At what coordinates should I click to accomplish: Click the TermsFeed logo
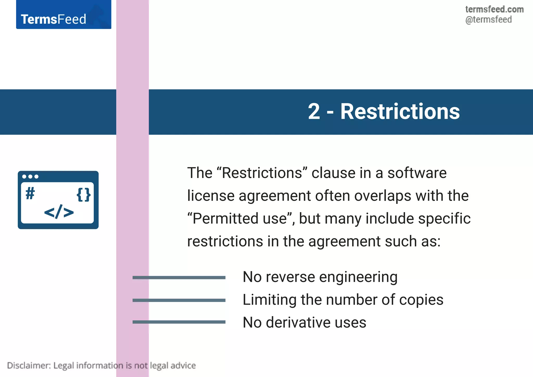[x=54, y=19]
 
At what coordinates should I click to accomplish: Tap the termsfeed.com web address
[x=494, y=9]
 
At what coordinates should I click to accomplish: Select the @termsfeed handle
[x=488, y=20]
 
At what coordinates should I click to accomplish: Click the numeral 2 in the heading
[x=314, y=112]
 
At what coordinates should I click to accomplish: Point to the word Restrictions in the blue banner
[x=400, y=112]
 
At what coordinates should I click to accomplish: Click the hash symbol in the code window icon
[x=30, y=194]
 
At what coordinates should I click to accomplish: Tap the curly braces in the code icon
[x=84, y=195]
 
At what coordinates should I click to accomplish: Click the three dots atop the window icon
[x=30, y=177]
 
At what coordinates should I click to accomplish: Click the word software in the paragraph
[x=417, y=173]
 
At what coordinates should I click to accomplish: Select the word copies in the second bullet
[x=421, y=300]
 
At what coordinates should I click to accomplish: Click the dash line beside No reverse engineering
[x=179, y=278]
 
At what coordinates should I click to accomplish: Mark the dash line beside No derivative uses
[x=179, y=322]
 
